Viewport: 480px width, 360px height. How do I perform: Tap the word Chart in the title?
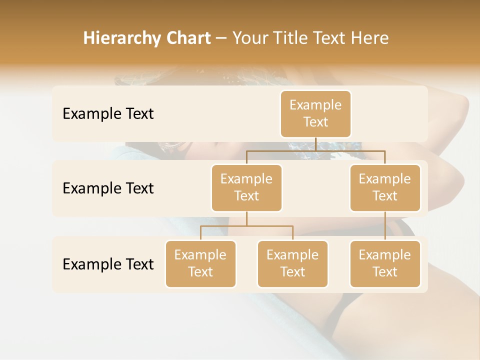pos(188,38)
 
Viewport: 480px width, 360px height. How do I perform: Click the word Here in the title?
pos(370,38)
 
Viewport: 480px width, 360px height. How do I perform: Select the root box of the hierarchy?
pos(315,113)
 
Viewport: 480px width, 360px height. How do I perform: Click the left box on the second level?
pos(246,187)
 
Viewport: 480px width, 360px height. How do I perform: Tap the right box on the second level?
pos(385,187)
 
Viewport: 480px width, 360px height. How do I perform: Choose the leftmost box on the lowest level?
pos(200,263)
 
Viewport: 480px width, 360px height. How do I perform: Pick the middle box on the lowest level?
pos(292,263)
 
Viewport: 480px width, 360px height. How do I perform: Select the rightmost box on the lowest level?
pos(385,263)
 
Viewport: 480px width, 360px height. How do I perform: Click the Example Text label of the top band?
pos(108,113)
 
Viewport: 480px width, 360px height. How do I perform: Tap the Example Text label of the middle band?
pos(108,188)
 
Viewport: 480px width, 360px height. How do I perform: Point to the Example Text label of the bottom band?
pos(108,264)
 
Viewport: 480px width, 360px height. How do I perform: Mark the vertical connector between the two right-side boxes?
pos(385,226)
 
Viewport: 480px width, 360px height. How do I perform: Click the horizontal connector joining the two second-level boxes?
pos(315,150)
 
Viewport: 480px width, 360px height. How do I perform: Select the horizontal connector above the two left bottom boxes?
pos(246,226)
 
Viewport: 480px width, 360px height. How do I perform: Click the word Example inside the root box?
pos(315,105)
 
